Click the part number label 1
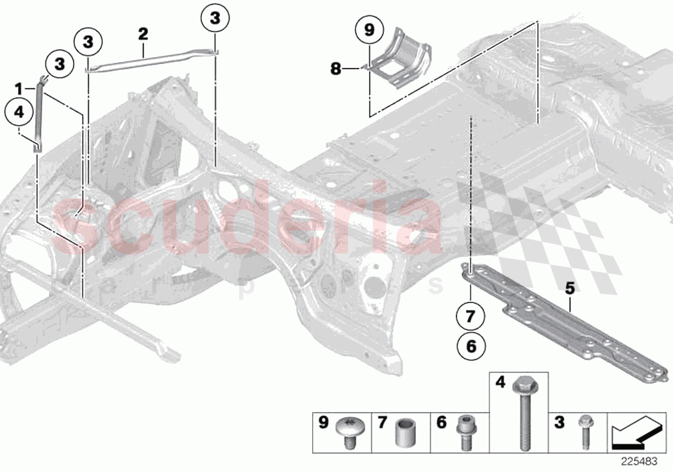pyautogui.click(x=19, y=87)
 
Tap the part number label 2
pyautogui.click(x=143, y=33)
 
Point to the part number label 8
pyautogui.click(x=336, y=67)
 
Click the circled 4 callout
pyautogui.click(x=19, y=112)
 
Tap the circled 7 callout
pyautogui.click(x=470, y=317)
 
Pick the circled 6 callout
pyautogui.click(x=470, y=347)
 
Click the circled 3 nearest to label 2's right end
pyautogui.click(x=215, y=19)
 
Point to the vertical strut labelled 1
pyautogui.click(x=39, y=115)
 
